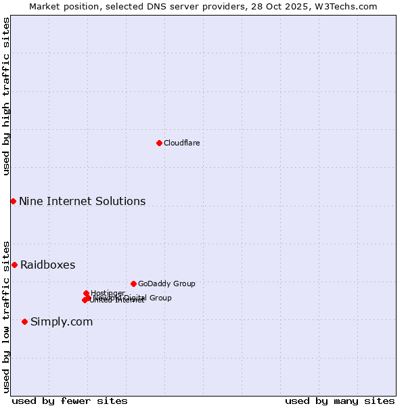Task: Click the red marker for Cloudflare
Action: (159, 143)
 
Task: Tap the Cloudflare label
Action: (181, 143)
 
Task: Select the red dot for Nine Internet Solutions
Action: (13, 201)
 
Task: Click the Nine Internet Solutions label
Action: (82, 201)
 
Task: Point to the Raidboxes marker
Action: (14, 265)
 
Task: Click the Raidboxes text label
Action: (47, 265)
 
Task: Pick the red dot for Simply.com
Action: (24, 321)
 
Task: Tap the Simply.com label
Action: (62, 321)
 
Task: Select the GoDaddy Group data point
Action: (133, 284)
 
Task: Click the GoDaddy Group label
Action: (166, 284)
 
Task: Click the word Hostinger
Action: (108, 293)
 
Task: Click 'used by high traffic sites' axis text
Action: (6, 97)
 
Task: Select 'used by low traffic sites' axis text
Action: (6, 316)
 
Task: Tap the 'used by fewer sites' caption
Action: (70, 401)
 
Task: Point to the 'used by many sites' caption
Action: (340, 401)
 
